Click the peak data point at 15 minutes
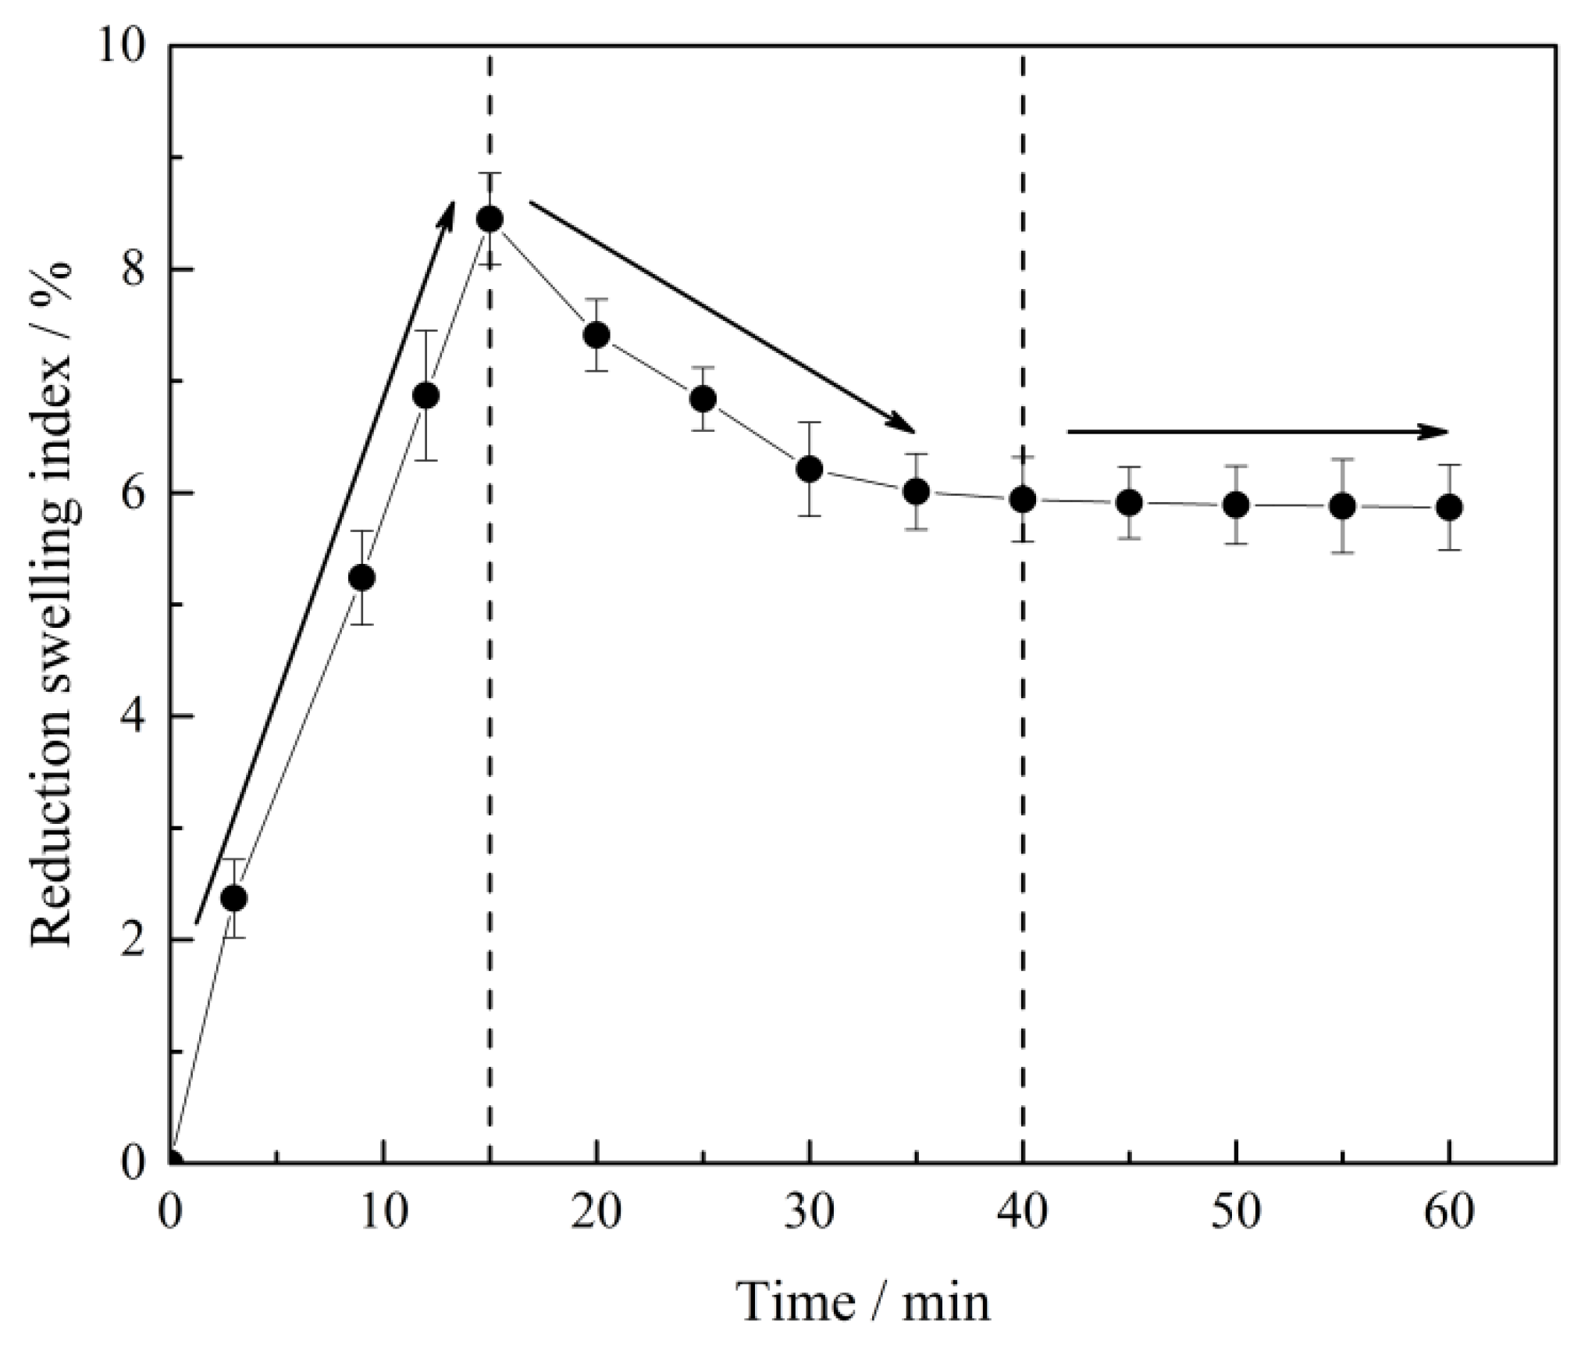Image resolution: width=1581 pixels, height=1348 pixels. tap(490, 219)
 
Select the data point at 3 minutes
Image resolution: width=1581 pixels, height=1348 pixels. tap(233, 898)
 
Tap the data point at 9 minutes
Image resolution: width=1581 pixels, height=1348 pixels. tap(361, 578)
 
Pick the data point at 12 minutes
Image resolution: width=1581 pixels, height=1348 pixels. tap(426, 396)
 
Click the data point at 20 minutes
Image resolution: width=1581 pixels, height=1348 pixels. tap(596, 335)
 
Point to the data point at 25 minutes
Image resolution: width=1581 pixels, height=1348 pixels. tap(703, 399)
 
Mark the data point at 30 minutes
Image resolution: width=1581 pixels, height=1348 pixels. tap(810, 469)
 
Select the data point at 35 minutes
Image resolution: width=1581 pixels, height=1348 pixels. tap(917, 491)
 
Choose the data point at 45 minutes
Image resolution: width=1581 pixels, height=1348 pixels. tap(1129, 502)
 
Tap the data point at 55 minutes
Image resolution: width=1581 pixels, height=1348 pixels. tap(1342, 506)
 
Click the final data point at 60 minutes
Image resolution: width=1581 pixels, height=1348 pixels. tap(1449, 508)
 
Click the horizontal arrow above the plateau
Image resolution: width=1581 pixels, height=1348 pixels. tap(1257, 431)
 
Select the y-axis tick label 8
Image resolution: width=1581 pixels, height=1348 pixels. tap(137, 271)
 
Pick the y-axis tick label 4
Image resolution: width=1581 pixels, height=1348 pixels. tap(137, 717)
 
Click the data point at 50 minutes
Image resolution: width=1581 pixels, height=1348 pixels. tap(1236, 505)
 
